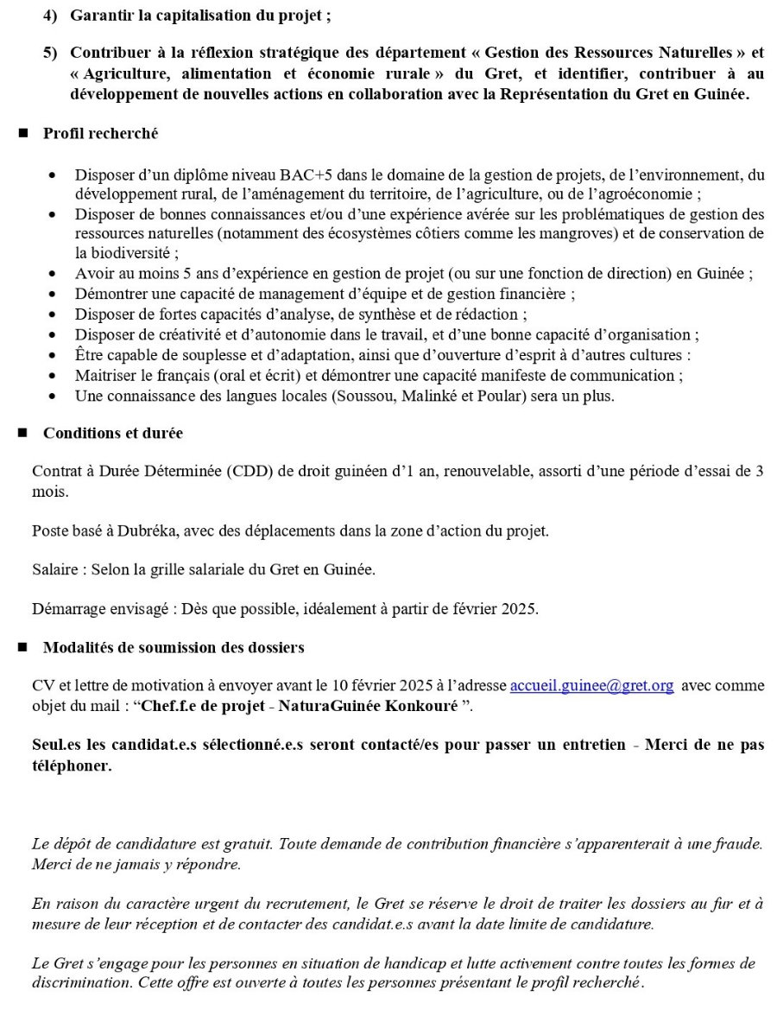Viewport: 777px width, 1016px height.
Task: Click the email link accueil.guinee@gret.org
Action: tap(591, 686)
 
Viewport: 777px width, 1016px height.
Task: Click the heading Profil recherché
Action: tap(100, 134)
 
